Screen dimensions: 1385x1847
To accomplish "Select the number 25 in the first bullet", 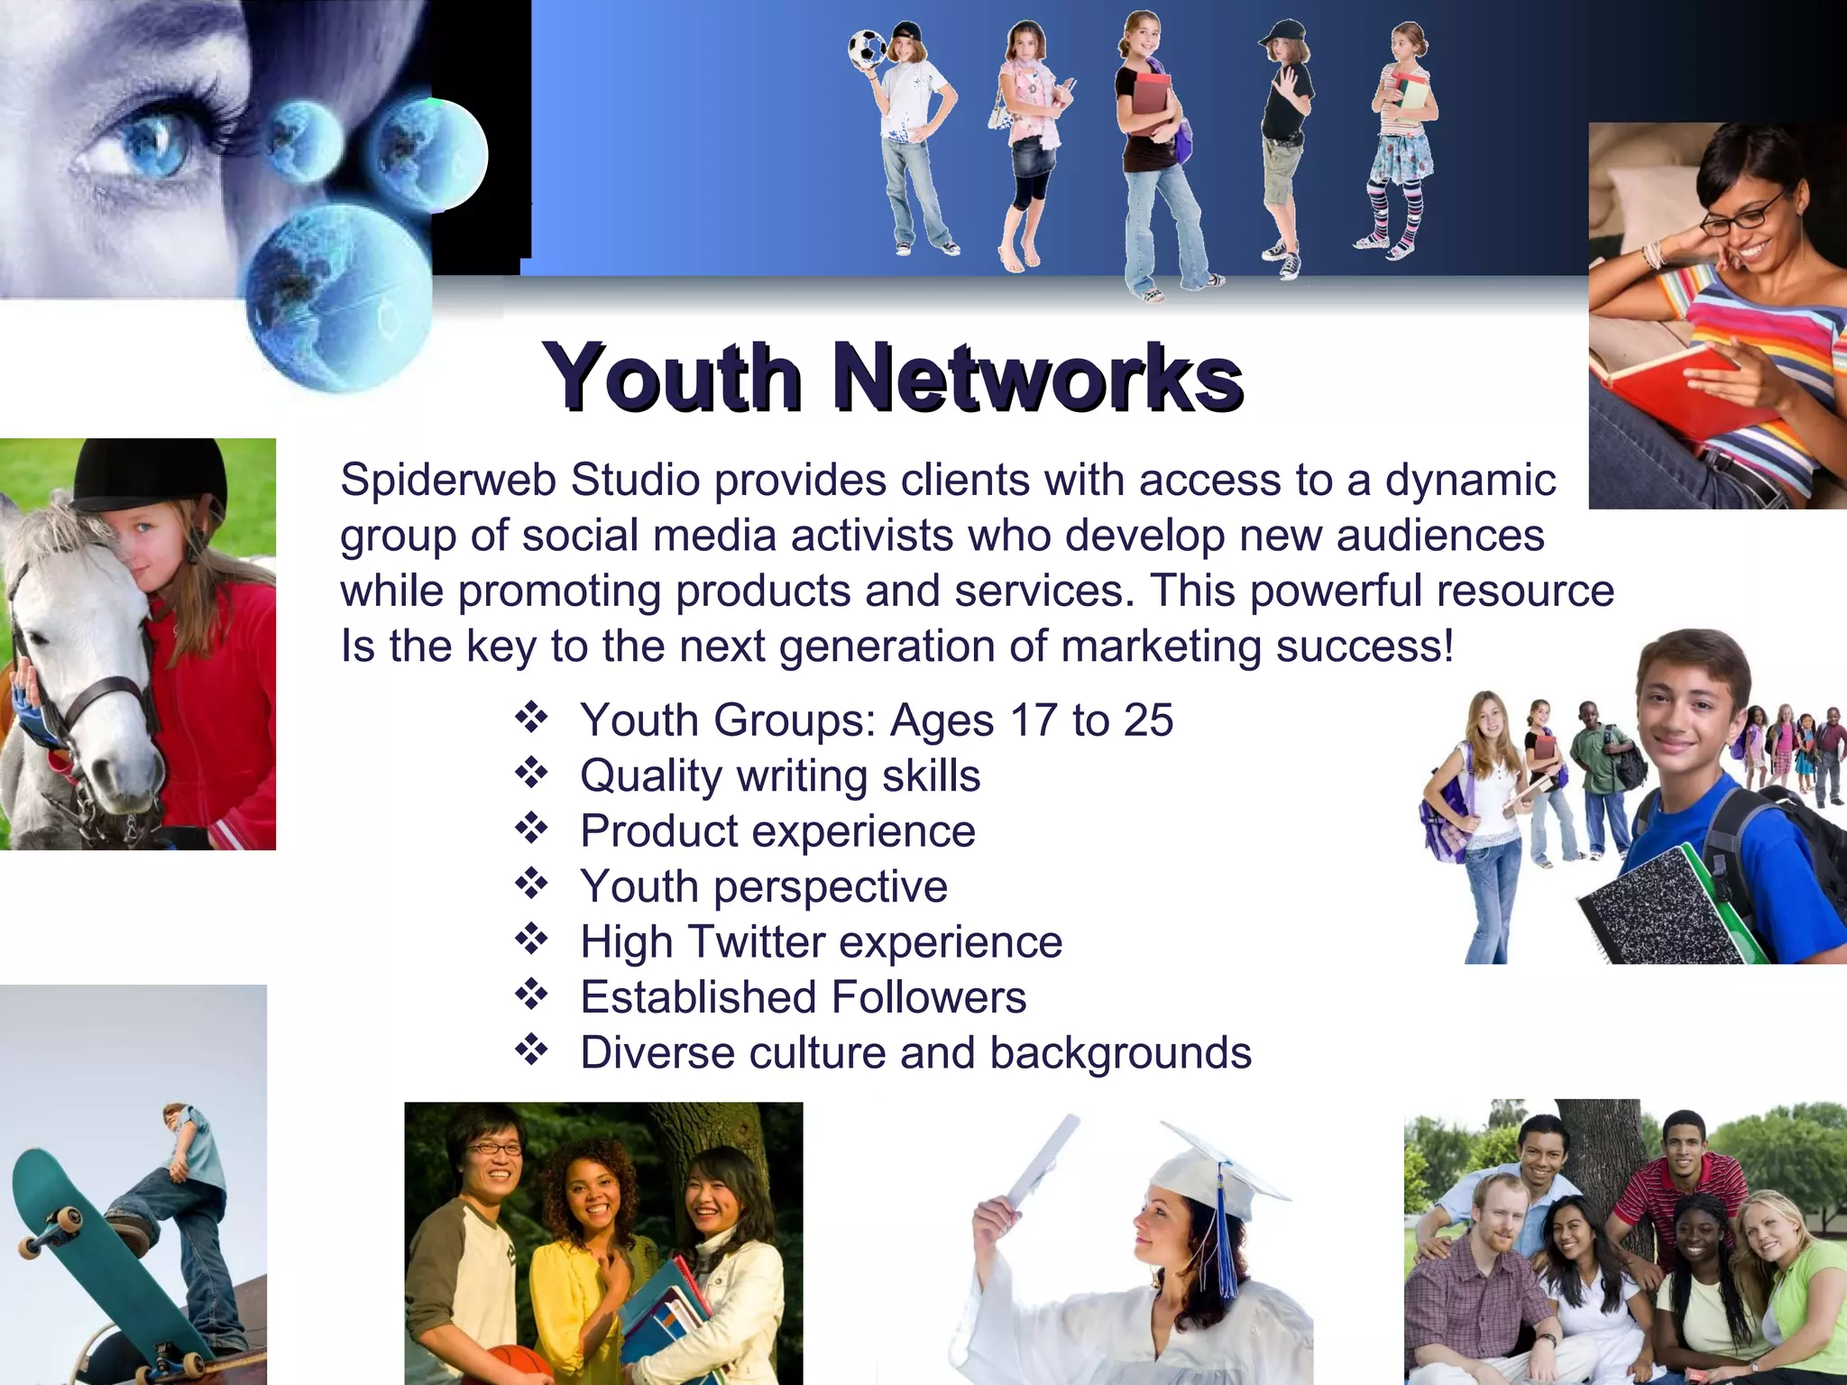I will (x=1148, y=720).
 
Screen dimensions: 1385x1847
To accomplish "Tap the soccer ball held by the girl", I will (x=868, y=49).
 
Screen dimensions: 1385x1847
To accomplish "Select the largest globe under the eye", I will (x=338, y=298).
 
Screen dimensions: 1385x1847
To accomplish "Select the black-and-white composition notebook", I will (x=1659, y=911).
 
